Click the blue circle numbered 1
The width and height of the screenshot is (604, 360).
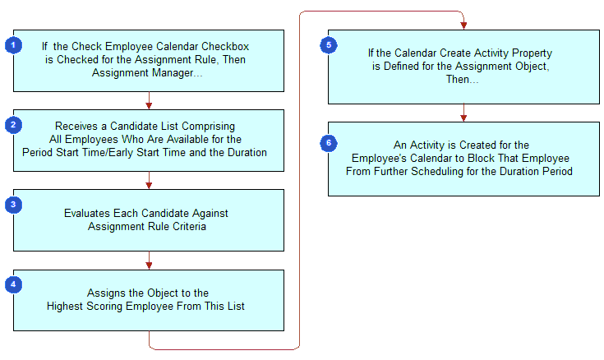(13, 45)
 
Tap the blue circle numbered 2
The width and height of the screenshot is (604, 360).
(13, 125)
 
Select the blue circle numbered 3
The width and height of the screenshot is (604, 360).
(13, 205)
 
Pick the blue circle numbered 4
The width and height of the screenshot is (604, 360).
(13, 285)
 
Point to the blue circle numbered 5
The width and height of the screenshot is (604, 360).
(329, 45)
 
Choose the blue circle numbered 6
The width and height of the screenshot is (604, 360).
(329, 143)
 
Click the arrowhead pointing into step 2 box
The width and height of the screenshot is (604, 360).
(149, 106)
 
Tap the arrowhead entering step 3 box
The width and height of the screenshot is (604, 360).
(149, 186)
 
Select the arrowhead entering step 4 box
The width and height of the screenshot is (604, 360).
(149, 265)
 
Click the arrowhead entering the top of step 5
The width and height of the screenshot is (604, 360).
(463, 25)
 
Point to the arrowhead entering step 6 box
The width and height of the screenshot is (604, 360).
(463, 118)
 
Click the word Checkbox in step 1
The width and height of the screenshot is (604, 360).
(225, 47)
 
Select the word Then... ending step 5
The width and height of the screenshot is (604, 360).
(462, 80)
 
